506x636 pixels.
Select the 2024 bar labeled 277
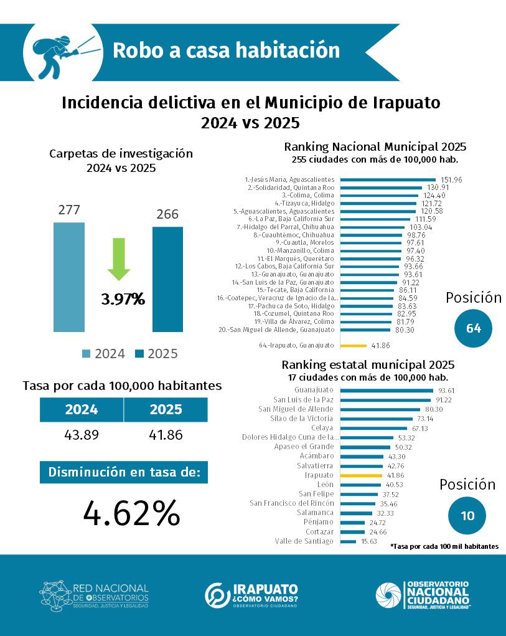click(69, 277)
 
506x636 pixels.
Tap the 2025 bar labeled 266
click(167, 279)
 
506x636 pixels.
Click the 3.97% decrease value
click(123, 300)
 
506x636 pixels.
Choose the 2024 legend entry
click(103, 354)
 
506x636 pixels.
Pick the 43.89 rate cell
click(82, 435)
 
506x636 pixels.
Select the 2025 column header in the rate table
click(166, 409)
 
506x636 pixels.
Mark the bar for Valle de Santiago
click(349, 541)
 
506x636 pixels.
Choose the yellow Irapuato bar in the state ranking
click(362, 475)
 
